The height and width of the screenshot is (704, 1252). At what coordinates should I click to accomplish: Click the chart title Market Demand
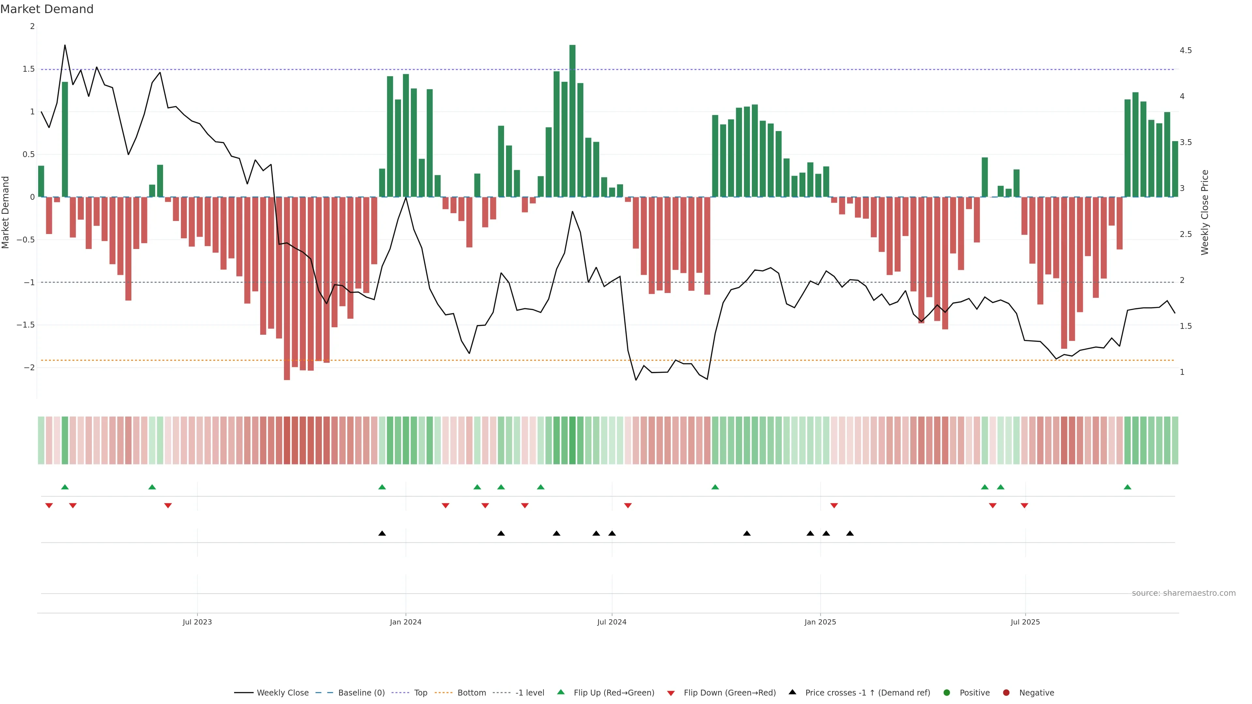pyautogui.click(x=47, y=9)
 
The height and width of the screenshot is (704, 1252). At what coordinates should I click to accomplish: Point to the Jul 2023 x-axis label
pyautogui.click(x=197, y=622)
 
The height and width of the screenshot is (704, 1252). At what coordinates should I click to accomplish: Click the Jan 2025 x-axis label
pyautogui.click(x=820, y=622)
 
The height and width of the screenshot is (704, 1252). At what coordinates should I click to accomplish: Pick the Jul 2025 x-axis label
pyautogui.click(x=1025, y=622)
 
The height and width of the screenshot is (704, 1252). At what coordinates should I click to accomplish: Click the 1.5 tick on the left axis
pyautogui.click(x=29, y=69)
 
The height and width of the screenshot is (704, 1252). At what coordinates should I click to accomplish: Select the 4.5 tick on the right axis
pyautogui.click(x=1185, y=51)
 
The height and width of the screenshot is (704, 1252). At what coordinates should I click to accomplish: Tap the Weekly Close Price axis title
pyautogui.click(x=1204, y=212)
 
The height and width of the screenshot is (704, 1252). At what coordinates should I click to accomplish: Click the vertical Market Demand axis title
pyautogui.click(x=6, y=212)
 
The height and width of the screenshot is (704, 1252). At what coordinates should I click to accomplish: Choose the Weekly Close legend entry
pyautogui.click(x=282, y=693)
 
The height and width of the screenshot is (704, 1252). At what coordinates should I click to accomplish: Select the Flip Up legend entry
pyautogui.click(x=613, y=693)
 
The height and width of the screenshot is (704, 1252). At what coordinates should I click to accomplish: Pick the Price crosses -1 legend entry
pyautogui.click(x=867, y=693)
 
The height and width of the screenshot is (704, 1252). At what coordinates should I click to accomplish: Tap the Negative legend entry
pyautogui.click(x=1036, y=693)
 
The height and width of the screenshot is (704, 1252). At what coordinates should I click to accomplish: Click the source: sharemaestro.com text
pyautogui.click(x=1184, y=593)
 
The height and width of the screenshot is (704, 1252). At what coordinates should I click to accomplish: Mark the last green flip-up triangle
pyautogui.click(x=1127, y=487)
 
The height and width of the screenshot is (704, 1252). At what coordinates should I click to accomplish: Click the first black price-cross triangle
pyautogui.click(x=382, y=534)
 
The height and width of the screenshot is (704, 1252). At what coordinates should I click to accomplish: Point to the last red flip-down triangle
pyautogui.click(x=1024, y=506)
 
